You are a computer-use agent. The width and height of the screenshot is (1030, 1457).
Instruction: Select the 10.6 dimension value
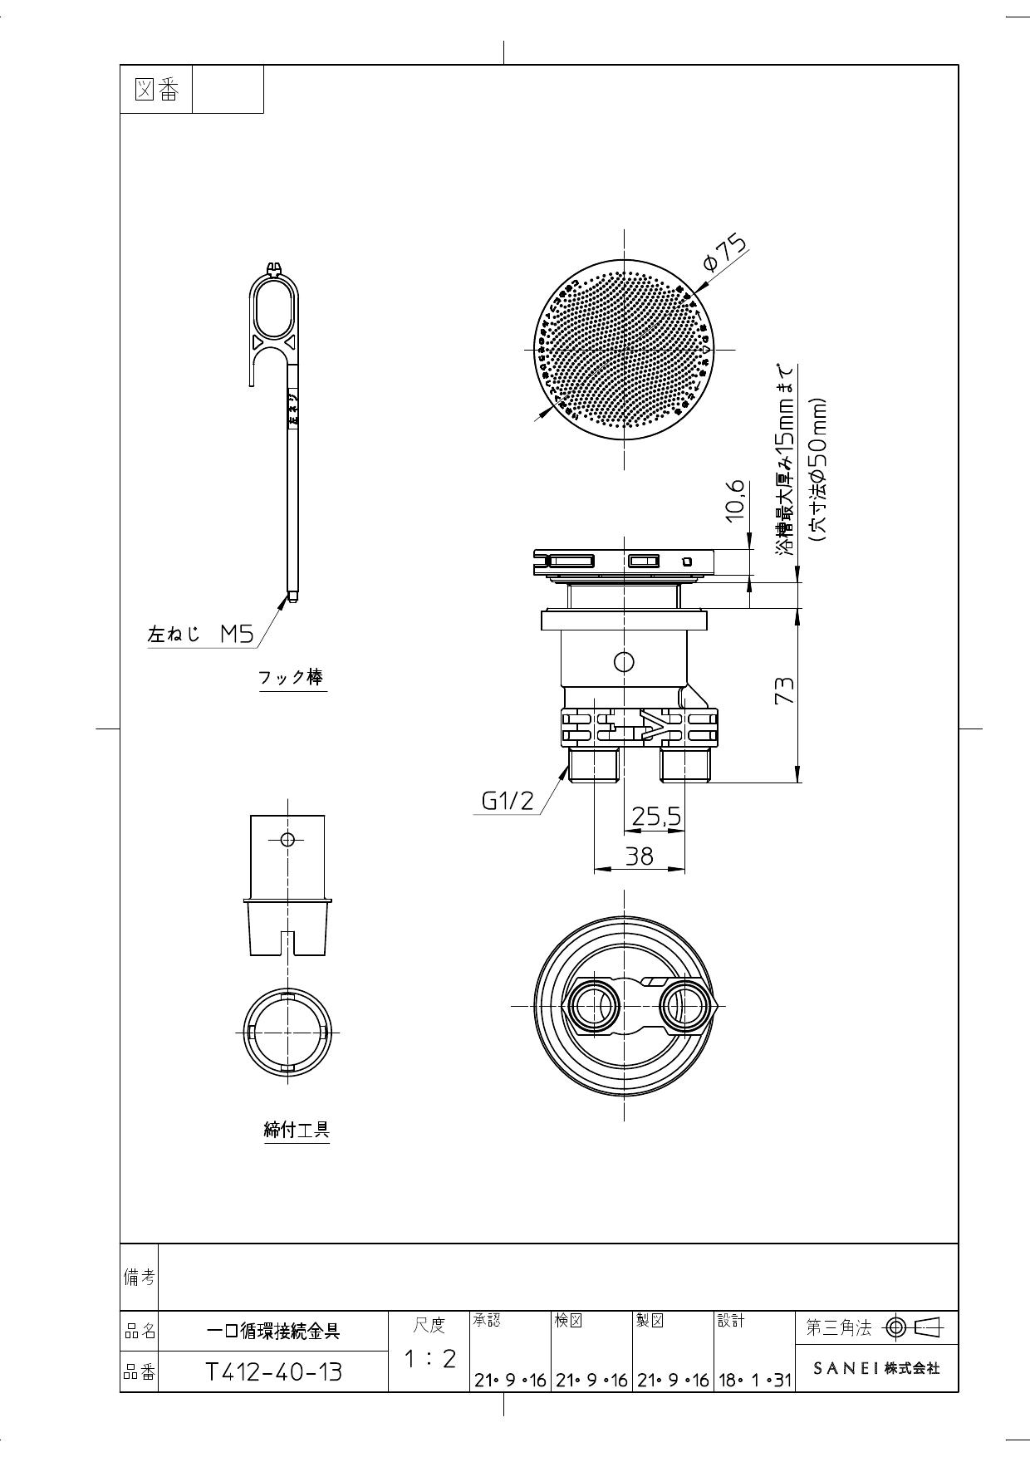[x=736, y=500]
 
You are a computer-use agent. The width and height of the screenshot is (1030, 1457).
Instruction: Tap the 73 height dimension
[x=784, y=690]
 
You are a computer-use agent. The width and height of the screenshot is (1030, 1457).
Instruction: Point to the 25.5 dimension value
[x=656, y=817]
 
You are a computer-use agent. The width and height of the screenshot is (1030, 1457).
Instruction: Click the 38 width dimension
[x=640, y=856]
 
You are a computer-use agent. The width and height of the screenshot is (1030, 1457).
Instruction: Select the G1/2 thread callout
[x=508, y=801]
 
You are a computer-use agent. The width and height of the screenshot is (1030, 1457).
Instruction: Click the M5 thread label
[x=237, y=635]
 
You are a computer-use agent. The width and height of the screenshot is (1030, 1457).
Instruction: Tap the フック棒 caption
[x=291, y=677]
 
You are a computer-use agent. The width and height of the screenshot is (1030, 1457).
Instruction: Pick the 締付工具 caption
[x=297, y=1130]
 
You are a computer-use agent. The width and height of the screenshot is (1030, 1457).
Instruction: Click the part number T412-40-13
[x=273, y=1371]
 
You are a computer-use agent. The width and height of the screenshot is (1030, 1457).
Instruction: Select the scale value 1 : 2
[x=429, y=1359]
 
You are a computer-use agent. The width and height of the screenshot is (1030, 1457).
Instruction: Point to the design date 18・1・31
[x=754, y=1380]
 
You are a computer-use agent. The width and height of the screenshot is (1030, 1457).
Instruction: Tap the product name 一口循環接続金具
[x=273, y=1332]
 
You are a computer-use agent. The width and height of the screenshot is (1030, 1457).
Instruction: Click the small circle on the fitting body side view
[x=623, y=662]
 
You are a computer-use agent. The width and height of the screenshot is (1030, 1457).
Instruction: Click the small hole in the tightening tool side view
[x=287, y=839]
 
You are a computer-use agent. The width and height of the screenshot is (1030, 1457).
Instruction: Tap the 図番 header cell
[x=156, y=90]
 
